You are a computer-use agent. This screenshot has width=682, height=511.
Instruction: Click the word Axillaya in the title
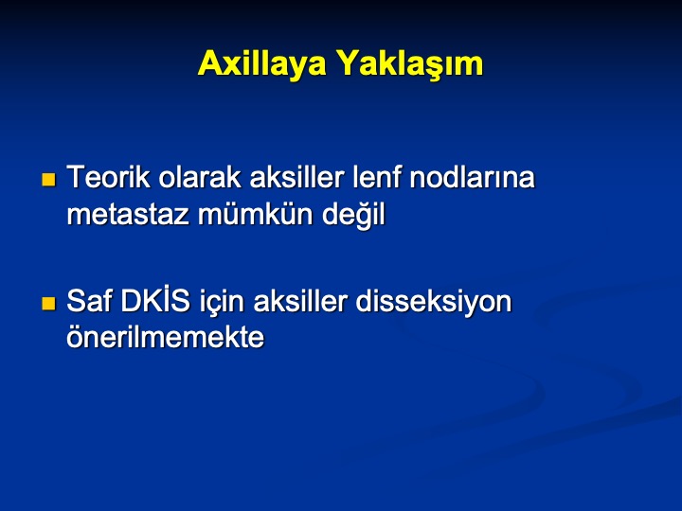tap(261, 63)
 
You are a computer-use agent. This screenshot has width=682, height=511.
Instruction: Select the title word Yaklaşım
tap(410, 63)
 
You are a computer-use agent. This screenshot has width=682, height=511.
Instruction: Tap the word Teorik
tap(108, 177)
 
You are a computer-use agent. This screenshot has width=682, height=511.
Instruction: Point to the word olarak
tap(199, 177)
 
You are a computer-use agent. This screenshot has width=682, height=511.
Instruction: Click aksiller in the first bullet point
tap(296, 177)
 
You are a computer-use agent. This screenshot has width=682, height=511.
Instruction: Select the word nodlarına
tap(472, 177)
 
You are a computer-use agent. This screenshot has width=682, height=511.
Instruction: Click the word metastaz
tap(128, 214)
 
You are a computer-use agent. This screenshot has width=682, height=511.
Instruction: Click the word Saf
tap(89, 301)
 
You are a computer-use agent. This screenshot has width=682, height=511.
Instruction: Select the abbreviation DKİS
tap(155, 300)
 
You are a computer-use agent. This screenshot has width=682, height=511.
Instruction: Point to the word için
tap(222, 303)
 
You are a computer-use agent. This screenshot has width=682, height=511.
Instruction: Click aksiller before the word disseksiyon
tap(300, 301)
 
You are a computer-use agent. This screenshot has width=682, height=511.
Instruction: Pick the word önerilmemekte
tap(165, 336)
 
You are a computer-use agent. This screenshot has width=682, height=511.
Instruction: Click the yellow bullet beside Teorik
tap(48, 180)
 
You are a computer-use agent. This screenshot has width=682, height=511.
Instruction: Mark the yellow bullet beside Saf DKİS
tap(48, 304)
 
